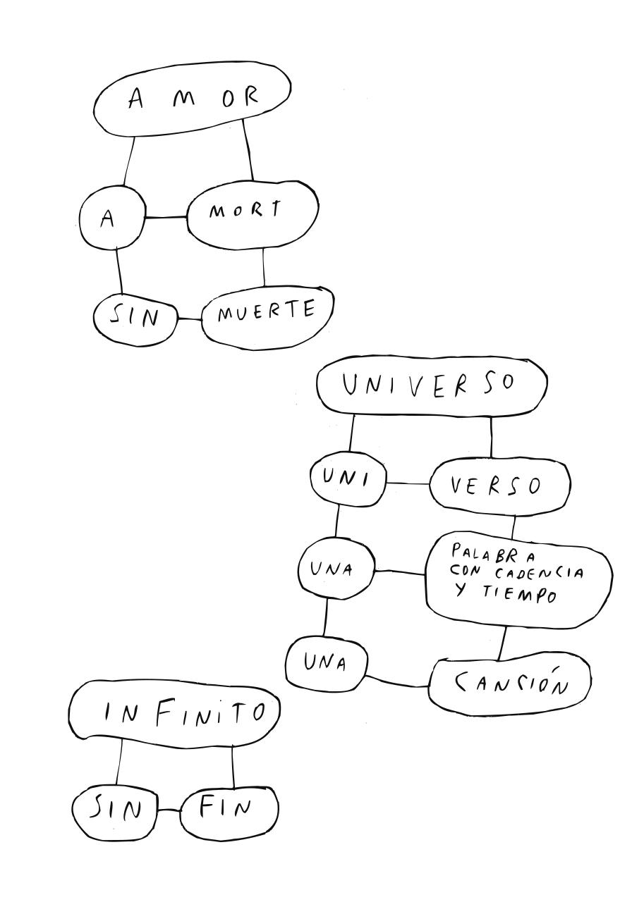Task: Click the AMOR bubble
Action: click(x=192, y=102)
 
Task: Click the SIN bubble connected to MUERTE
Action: click(x=135, y=319)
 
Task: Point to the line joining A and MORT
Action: click(x=166, y=217)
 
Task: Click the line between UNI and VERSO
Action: click(x=408, y=483)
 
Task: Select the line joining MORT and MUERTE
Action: click(x=264, y=267)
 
